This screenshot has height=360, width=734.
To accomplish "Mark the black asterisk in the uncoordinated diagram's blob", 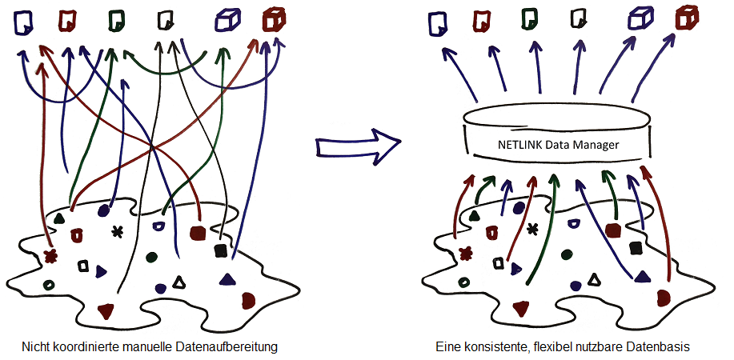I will click(117, 232).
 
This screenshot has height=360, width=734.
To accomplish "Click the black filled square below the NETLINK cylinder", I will click(636, 248).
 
